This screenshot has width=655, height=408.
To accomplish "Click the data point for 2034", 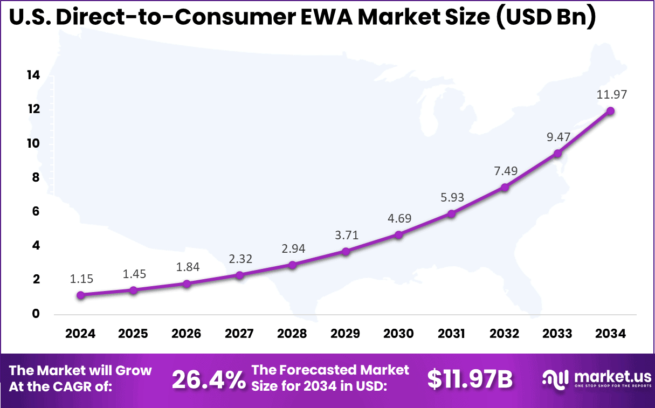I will click(x=610, y=111).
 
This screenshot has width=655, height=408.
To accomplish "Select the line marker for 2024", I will click(x=80, y=295).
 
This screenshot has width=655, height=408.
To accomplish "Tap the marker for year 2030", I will click(x=398, y=234).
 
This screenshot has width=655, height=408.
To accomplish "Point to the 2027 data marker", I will click(x=239, y=275).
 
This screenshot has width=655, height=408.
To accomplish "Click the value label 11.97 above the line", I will click(x=611, y=95).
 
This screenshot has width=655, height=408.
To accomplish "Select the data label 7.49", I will click(x=505, y=171).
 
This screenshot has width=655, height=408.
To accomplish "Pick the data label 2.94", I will click(x=293, y=248).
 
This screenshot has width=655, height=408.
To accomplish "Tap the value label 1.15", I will click(x=81, y=279).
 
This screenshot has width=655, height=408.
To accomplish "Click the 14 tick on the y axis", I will click(x=33, y=75).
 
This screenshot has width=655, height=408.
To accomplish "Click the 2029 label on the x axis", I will click(x=346, y=334).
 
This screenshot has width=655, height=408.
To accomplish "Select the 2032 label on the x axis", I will click(x=505, y=334).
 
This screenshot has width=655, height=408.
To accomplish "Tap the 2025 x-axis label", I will click(x=133, y=334).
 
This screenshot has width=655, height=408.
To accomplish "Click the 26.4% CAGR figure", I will click(x=209, y=380).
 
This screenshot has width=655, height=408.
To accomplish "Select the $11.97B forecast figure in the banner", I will click(x=470, y=379).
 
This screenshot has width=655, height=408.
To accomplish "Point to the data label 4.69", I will click(x=398, y=219).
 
